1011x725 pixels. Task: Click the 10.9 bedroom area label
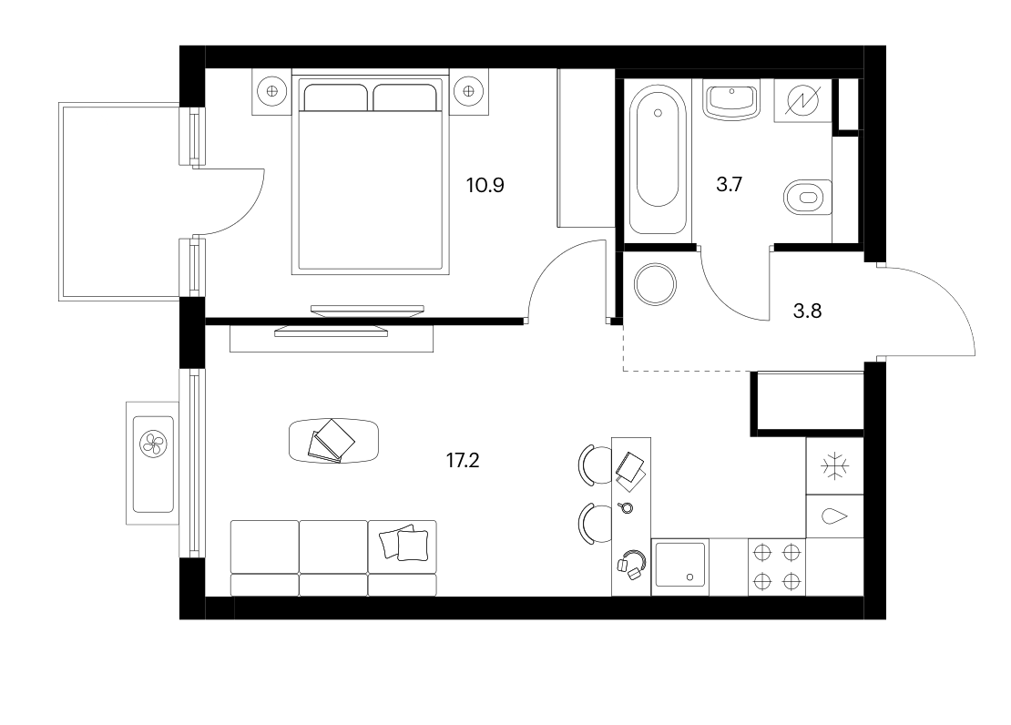485,186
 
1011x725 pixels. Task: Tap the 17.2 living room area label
463,461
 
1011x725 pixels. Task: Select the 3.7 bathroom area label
730,185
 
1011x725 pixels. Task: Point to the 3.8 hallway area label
807,311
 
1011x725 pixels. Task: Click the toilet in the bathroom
808,197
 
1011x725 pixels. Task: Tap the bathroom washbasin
731,102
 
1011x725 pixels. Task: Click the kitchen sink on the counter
680,565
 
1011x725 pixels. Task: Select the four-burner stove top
777,567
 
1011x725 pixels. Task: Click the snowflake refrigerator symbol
835,465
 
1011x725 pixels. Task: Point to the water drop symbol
834,516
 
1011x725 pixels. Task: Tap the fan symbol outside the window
153,444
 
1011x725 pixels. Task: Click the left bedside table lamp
271,91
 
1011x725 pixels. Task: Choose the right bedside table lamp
468,91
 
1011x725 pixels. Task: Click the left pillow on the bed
335,97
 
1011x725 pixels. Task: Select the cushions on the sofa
404,544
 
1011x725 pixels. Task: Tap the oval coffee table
333,441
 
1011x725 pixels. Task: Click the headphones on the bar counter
632,565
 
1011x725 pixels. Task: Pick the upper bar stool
595,465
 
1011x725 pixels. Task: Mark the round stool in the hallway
655,284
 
